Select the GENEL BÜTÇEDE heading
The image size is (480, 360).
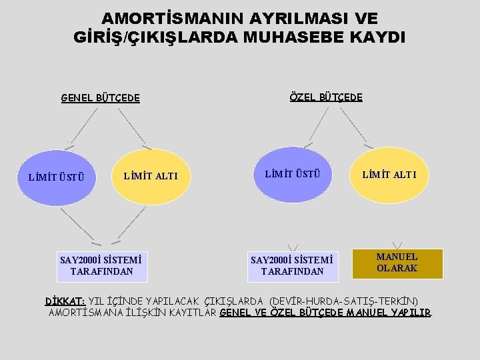point(101,98)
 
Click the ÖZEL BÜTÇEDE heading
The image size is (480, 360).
point(326,97)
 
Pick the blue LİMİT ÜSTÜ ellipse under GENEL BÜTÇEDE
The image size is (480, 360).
point(56,177)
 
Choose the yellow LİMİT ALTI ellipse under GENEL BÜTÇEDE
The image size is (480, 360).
point(151,177)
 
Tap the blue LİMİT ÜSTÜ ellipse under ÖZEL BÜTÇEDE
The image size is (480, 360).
point(293,175)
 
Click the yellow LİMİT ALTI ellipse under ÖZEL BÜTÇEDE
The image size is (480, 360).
point(389,175)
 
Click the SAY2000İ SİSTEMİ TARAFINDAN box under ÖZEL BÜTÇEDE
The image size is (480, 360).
point(293,265)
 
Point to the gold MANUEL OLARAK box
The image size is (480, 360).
point(397,263)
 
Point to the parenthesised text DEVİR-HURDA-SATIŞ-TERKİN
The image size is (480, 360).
point(343,301)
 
